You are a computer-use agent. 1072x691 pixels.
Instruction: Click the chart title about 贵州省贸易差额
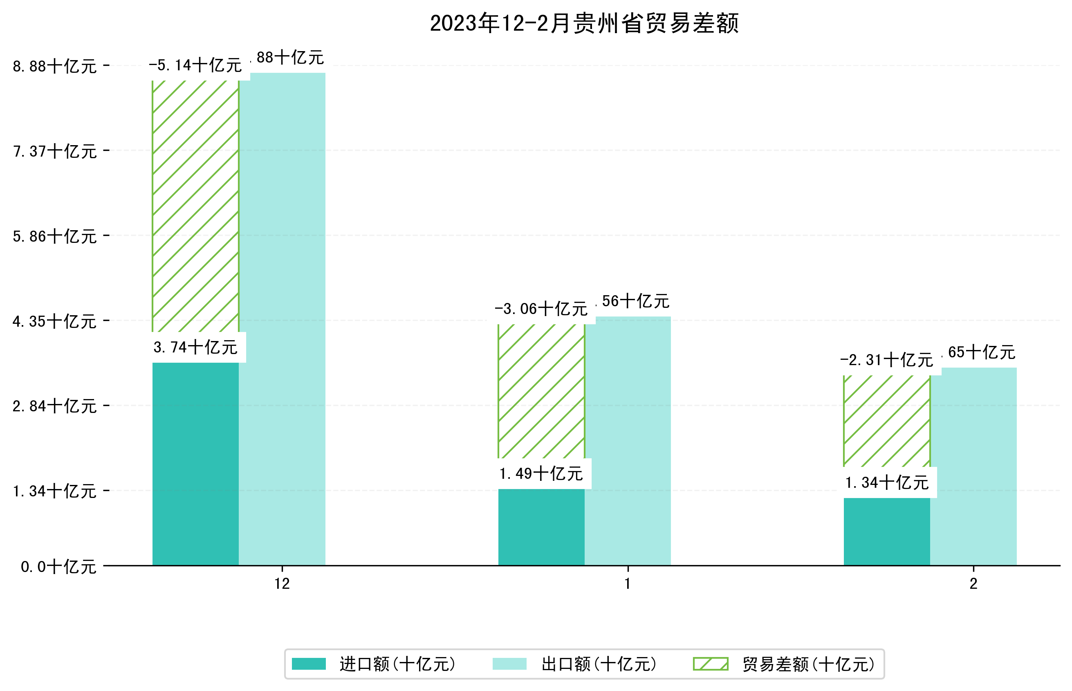click(x=583, y=23)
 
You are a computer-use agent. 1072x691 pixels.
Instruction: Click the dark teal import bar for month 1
click(x=541, y=527)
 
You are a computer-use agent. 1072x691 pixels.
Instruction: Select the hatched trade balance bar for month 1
click(x=541, y=390)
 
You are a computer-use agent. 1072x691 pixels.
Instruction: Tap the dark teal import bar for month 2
click(x=886, y=531)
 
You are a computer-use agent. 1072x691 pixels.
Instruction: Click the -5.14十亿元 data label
click(x=195, y=65)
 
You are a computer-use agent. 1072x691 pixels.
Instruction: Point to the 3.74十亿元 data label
click(x=195, y=347)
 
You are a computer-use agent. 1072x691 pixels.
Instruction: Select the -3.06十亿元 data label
click(x=541, y=309)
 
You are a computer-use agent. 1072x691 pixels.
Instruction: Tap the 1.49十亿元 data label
click(x=541, y=474)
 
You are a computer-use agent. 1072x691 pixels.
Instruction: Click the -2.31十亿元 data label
click(x=886, y=360)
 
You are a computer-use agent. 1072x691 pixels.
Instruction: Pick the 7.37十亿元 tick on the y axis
click(x=55, y=151)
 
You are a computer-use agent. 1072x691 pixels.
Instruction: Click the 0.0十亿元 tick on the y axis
click(x=58, y=567)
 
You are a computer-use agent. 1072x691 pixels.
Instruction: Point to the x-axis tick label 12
click(x=282, y=584)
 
